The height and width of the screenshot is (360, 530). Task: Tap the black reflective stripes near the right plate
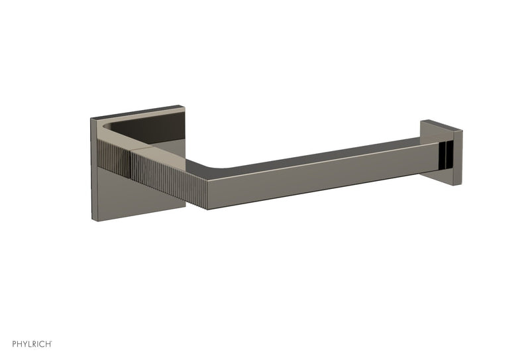coord(450,154)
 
